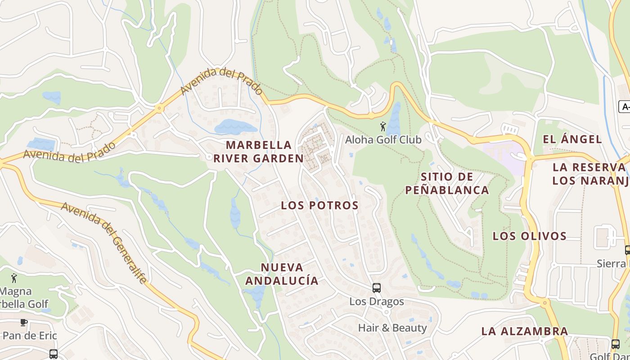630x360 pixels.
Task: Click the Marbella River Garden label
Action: [x=258, y=152]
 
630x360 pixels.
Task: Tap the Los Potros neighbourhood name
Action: [x=319, y=206]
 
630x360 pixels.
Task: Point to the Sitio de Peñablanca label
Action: [x=446, y=183]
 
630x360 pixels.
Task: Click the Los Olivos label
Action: [x=529, y=236]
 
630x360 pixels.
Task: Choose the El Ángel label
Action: [x=572, y=139]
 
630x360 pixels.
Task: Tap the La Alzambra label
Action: [x=524, y=332]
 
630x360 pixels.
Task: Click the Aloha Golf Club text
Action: [x=383, y=140]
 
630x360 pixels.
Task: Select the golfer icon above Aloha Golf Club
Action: [x=383, y=126]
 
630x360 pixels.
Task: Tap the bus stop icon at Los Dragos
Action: [x=377, y=288]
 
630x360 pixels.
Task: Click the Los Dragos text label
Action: [x=377, y=301]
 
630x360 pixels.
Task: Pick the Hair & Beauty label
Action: [x=392, y=328]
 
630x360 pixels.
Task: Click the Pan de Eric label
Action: [x=29, y=336]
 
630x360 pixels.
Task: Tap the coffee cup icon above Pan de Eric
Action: [x=23, y=322]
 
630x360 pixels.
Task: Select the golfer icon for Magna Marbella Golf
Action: [x=14, y=278]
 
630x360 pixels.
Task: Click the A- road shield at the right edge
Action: [x=624, y=107]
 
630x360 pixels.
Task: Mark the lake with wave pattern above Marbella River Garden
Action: [x=235, y=127]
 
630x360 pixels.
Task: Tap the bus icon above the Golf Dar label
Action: [x=615, y=344]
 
